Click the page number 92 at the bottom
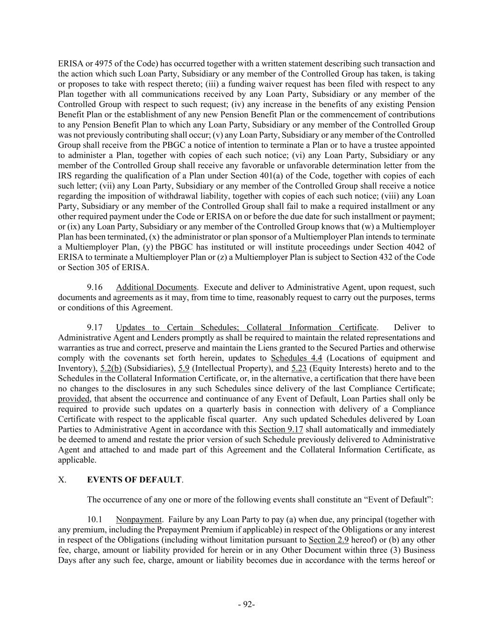click(x=246, y=604)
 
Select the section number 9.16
click(x=95, y=287)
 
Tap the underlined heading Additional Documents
click(x=156, y=287)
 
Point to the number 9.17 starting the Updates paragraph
click(x=95, y=328)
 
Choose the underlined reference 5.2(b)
click(x=111, y=368)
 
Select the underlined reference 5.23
click(x=299, y=368)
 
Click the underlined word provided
click(x=73, y=399)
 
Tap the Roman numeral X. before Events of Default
click(x=62, y=480)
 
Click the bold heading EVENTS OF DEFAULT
click(x=134, y=480)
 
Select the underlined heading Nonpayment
click(x=138, y=519)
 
